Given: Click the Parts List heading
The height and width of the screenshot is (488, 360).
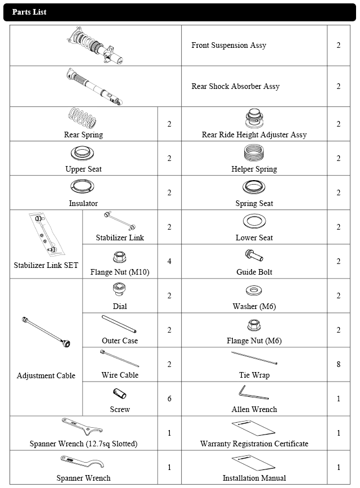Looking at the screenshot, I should point(29,12).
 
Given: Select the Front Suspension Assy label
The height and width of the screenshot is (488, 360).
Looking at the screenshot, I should point(228,45).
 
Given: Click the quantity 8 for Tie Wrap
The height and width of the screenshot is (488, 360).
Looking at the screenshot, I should point(338,364).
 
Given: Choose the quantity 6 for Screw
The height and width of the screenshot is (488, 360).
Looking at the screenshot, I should point(169,399).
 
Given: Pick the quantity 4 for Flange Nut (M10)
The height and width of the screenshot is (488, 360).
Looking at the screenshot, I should point(169,261).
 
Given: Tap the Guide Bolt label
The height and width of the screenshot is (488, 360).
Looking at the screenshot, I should point(254,272).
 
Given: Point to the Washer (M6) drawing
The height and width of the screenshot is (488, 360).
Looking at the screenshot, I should point(254,291).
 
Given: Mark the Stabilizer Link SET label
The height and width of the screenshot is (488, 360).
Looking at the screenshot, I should point(46,265).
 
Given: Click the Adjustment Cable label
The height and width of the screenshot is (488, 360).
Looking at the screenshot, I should point(46,375).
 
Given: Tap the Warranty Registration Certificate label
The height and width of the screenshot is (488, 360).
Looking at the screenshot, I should point(254,444).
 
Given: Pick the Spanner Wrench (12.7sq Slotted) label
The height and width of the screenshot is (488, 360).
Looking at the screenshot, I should point(83,444).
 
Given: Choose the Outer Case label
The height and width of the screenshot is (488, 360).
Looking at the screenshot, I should point(120,341).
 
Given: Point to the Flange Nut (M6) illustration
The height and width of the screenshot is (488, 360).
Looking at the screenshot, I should point(254,325).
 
